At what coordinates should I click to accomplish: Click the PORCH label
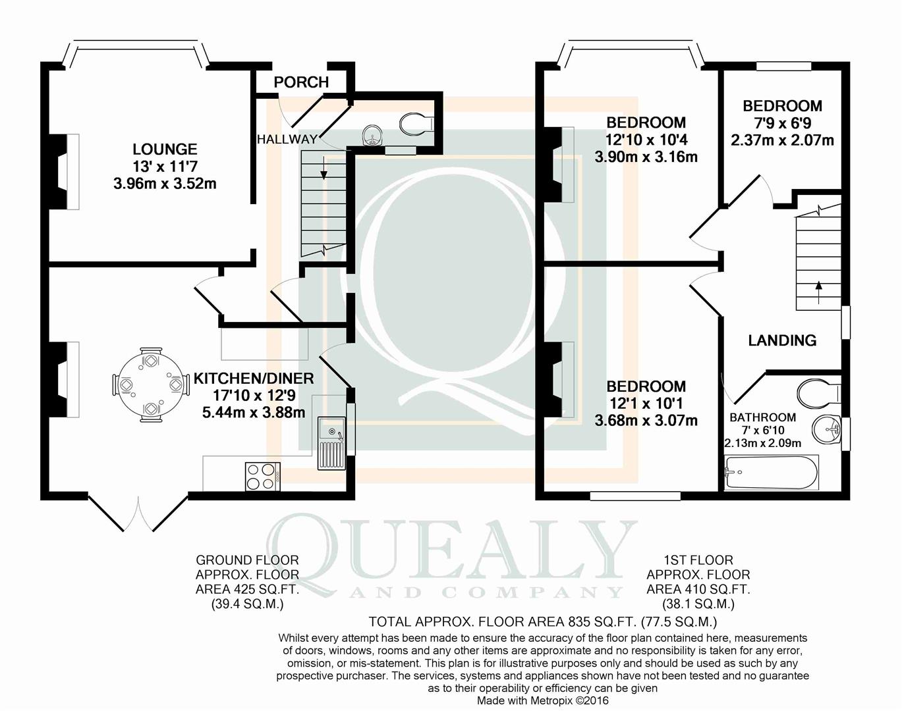(301, 82)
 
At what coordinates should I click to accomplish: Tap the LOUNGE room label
(165, 149)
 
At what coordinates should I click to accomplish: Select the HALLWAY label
(287, 139)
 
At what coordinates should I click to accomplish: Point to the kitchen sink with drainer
(331, 443)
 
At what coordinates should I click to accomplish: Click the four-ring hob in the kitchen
(263, 477)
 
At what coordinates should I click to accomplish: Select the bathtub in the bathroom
(772, 473)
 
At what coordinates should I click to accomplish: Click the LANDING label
(782, 340)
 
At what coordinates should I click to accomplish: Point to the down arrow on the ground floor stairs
(324, 168)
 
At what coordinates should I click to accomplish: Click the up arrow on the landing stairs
(818, 292)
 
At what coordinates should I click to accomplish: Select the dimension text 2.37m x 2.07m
(782, 140)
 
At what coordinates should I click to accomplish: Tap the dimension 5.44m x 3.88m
(254, 413)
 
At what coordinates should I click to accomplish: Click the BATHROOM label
(762, 417)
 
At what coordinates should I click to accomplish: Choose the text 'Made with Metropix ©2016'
(543, 700)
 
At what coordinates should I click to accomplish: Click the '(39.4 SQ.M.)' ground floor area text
(248, 604)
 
